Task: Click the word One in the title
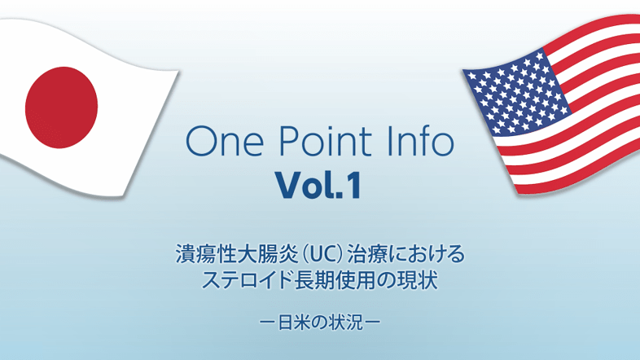(221, 142)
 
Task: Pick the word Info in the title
(419, 142)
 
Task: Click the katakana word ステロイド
(243, 281)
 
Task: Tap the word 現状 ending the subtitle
(422, 281)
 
